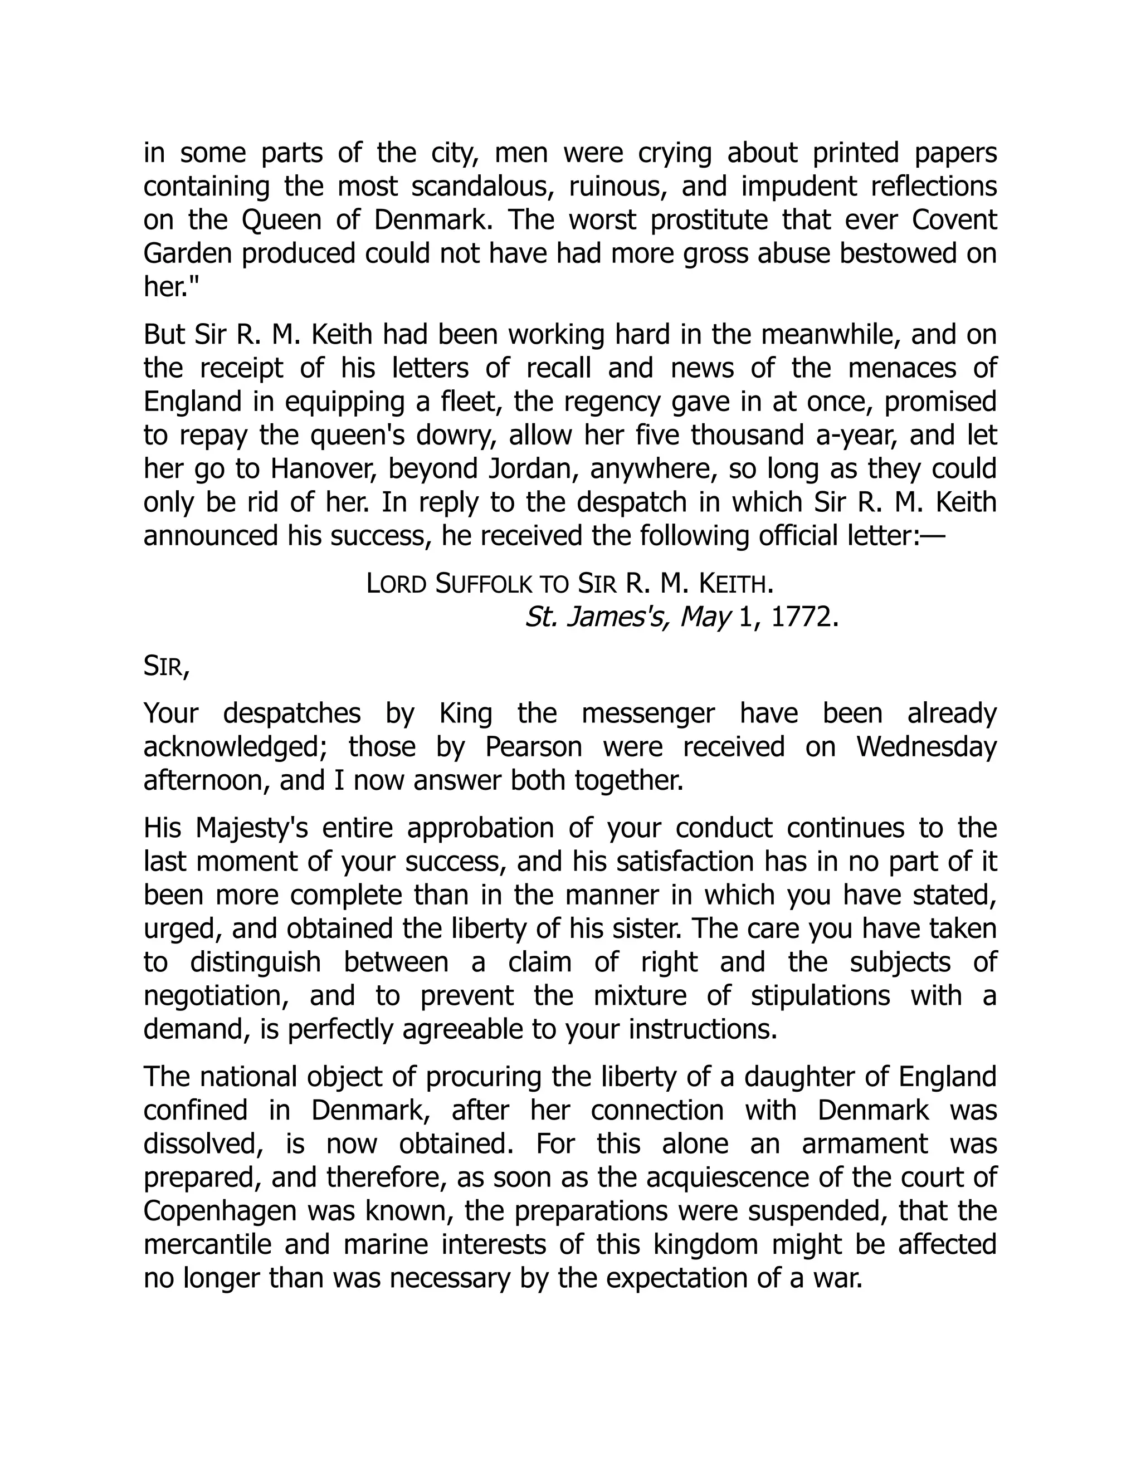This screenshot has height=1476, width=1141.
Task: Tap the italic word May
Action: click(x=705, y=617)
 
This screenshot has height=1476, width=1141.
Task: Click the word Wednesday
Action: click(x=926, y=747)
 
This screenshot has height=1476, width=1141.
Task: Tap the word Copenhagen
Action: click(x=221, y=1210)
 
